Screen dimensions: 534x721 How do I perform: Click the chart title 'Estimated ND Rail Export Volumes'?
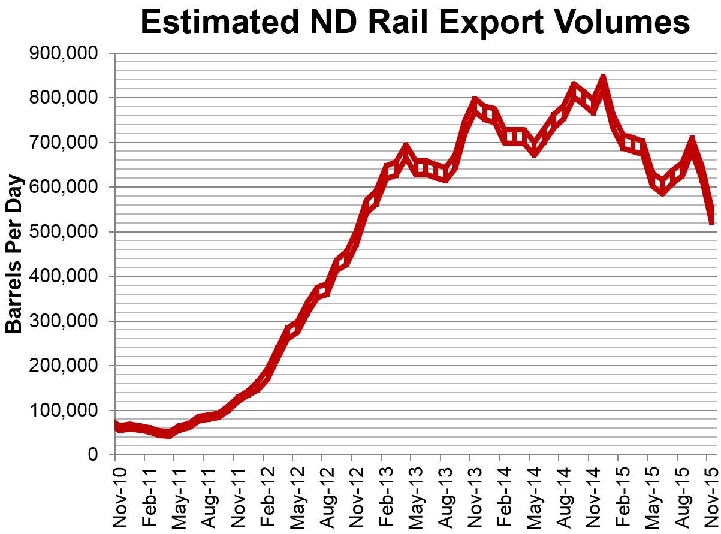(x=415, y=23)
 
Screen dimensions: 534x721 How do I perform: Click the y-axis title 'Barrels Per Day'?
(x=14, y=254)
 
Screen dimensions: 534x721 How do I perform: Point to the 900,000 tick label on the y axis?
(x=63, y=54)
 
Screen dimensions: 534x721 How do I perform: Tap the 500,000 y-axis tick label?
(x=63, y=232)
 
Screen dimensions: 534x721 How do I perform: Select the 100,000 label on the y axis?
(x=63, y=411)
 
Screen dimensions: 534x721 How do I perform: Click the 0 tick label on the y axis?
(x=92, y=455)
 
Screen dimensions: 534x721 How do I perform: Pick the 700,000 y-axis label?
(x=63, y=143)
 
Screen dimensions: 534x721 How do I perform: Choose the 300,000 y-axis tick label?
(x=63, y=321)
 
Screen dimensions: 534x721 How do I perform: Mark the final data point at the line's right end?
(x=711, y=221)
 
